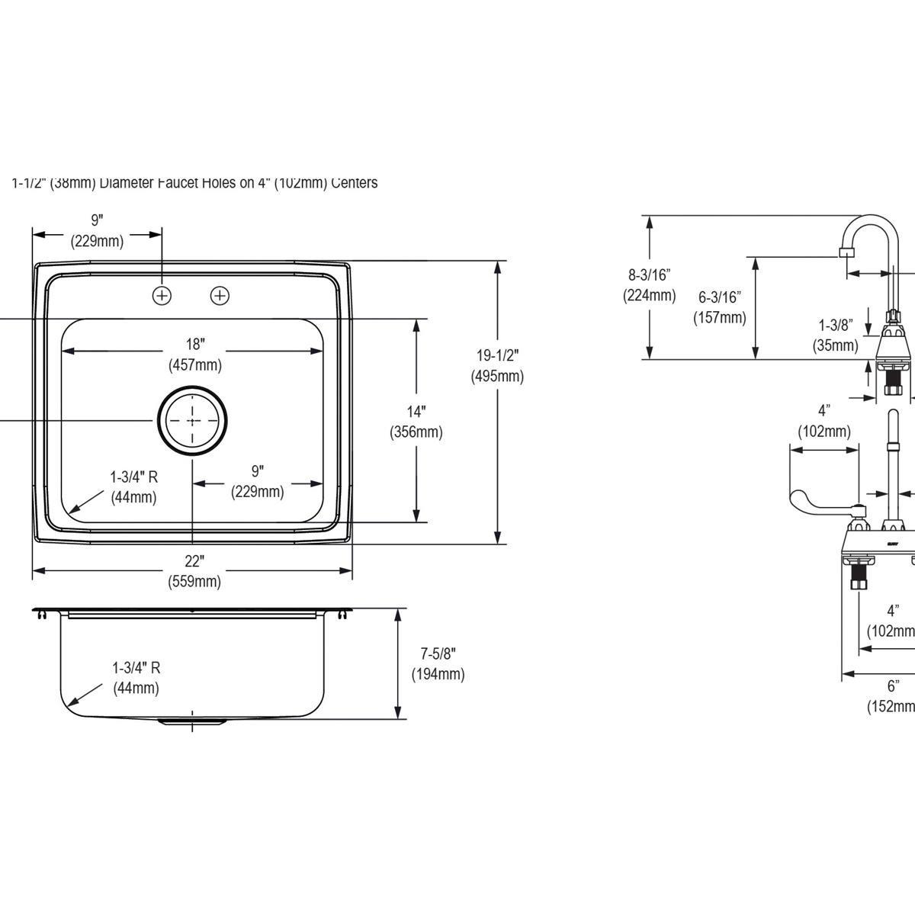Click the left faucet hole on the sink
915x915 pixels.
pyautogui.click(x=162, y=294)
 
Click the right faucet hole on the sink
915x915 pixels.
pyautogui.click(x=220, y=294)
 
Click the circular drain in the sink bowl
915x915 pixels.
pyautogui.click(x=192, y=419)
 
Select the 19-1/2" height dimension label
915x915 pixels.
pyautogui.click(x=497, y=365)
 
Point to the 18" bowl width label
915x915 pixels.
pyautogui.click(x=195, y=354)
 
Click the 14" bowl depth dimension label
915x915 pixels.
pyautogui.click(x=416, y=421)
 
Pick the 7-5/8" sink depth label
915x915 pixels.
pyautogui.click(x=438, y=663)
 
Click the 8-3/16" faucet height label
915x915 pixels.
pyautogui.click(x=649, y=284)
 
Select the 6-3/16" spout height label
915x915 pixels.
pyautogui.click(x=719, y=307)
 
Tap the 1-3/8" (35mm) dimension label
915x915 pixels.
pyautogui.click(x=835, y=335)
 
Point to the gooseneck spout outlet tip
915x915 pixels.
pyautogui.click(x=843, y=252)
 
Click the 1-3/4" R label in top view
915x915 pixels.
pyautogui.click(x=133, y=487)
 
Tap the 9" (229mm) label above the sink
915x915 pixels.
pyautogui.click(x=97, y=230)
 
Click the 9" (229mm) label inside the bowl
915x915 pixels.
pyautogui.click(x=257, y=481)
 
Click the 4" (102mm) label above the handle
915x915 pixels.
pyautogui.click(x=823, y=421)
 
